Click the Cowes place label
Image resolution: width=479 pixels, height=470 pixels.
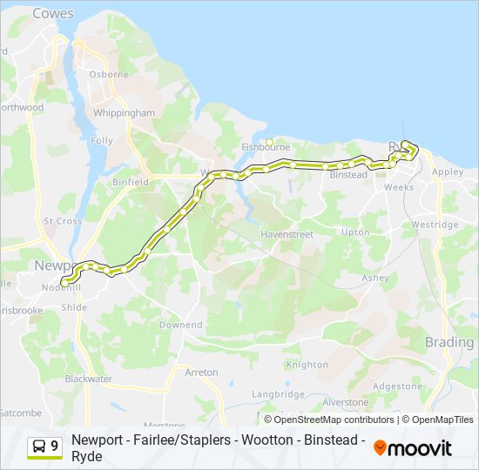[53, 14]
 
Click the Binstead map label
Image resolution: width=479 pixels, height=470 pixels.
[349, 175]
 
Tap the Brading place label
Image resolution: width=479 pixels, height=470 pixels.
[449, 342]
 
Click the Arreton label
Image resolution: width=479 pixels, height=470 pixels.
[201, 372]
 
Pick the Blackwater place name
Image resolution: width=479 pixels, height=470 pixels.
[89, 379]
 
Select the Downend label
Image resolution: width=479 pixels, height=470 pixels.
[181, 325]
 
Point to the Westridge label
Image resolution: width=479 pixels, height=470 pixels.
[435, 225]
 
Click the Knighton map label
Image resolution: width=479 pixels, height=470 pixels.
[307, 365]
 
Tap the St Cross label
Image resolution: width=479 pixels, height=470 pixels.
[63, 221]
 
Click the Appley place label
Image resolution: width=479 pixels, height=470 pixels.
[448, 172]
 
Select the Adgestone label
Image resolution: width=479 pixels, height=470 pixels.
[397, 386]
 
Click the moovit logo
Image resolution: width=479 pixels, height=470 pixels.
[413, 448]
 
